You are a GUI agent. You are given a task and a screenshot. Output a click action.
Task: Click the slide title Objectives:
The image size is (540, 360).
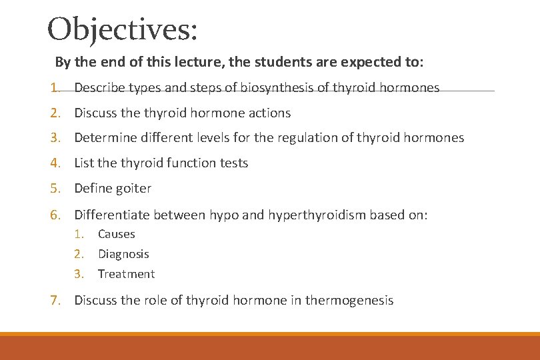(x=123, y=30)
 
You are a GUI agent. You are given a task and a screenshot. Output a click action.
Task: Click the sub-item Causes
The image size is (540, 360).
(x=116, y=234)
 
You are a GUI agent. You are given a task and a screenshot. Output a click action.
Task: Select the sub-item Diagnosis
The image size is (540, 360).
(x=123, y=254)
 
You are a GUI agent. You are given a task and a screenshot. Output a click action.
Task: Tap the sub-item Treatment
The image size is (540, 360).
(x=126, y=274)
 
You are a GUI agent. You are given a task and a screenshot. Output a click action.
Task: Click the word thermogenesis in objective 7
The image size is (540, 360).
(x=349, y=301)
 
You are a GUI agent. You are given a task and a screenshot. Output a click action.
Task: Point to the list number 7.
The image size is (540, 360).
(x=56, y=301)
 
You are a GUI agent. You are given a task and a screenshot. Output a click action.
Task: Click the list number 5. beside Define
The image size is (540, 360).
(x=56, y=189)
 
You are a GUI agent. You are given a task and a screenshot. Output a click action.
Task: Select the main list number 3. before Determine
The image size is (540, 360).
(x=56, y=138)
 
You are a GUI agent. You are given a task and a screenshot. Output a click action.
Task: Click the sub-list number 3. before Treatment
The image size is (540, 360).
(x=79, y=274)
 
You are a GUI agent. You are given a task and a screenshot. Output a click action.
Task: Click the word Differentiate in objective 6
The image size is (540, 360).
(x=112, y=215)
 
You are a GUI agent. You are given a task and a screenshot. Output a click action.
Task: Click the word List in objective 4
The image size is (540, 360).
(x=84, y=163)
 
